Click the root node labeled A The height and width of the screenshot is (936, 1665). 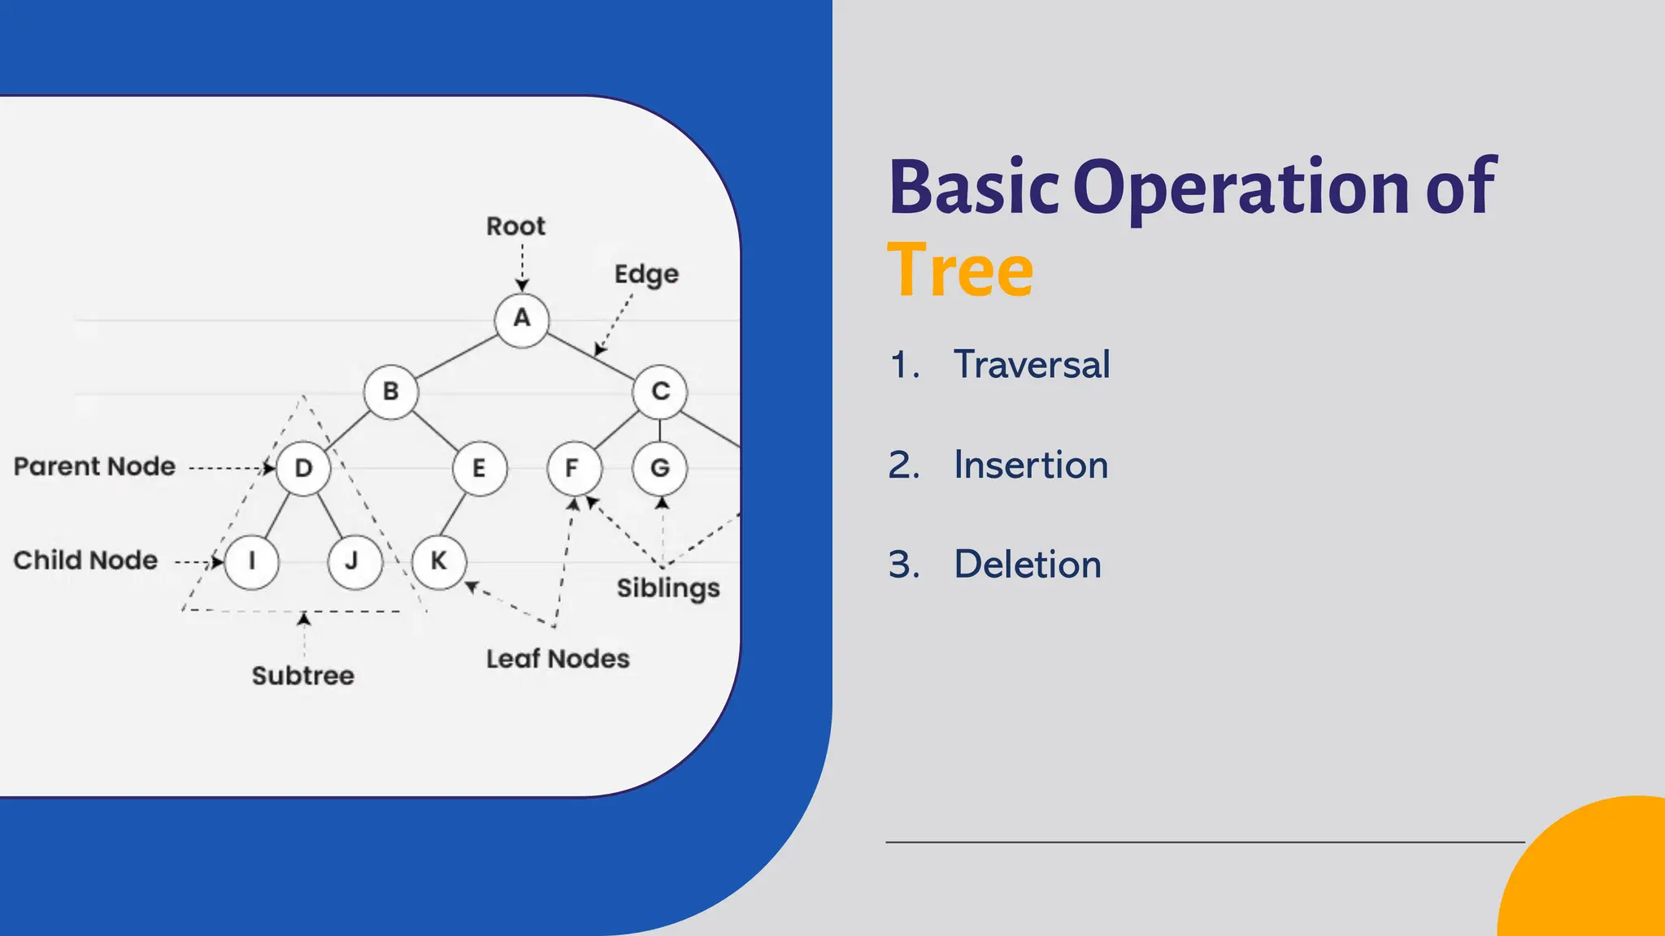pyautogui.click(x=521, y=319)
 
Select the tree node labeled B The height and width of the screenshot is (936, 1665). pyautogui.click(x=390, y=392)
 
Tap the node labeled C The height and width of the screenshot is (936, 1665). pyautogui.click(x=659, y=392)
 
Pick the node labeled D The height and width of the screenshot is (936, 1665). pyautogui.click(x=303, y=468)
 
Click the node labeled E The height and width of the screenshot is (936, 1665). pyautogui.click(x=479, y=468)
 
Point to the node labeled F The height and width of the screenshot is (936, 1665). pyautogui.click(x=574, y=468)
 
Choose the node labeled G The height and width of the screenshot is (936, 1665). pyautogui.click(x=659, y=468)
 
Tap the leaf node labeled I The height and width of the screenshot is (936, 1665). pyautogui.click(x=251, y=561)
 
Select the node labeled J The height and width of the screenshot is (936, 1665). pyautogui.click(x=354, y=561)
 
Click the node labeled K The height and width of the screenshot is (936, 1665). pyautogui.click(x=438, y=561)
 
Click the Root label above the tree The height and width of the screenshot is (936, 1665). pyautogui.click(x=515, y=226)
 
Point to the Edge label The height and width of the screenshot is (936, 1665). pyautogui.click(x=646, y=275)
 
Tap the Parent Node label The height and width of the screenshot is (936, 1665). pyautogui.click(x=94, y=466)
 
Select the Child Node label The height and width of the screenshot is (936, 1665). pyautogui.click(x=85, y=560)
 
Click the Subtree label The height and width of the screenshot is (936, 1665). pyautogui.click(x=302, y=675)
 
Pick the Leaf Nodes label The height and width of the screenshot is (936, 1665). pyautogui.click(x=558, y=658)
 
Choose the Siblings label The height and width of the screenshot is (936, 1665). pyautogui.click(x=667, y=587)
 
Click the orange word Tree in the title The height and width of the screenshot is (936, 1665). pyautogui.click(x=959, y=271)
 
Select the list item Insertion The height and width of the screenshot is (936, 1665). pyautogui.click(x=1030, y=465)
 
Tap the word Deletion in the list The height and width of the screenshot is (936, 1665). pyautogui.click(x=1027, y=564)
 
